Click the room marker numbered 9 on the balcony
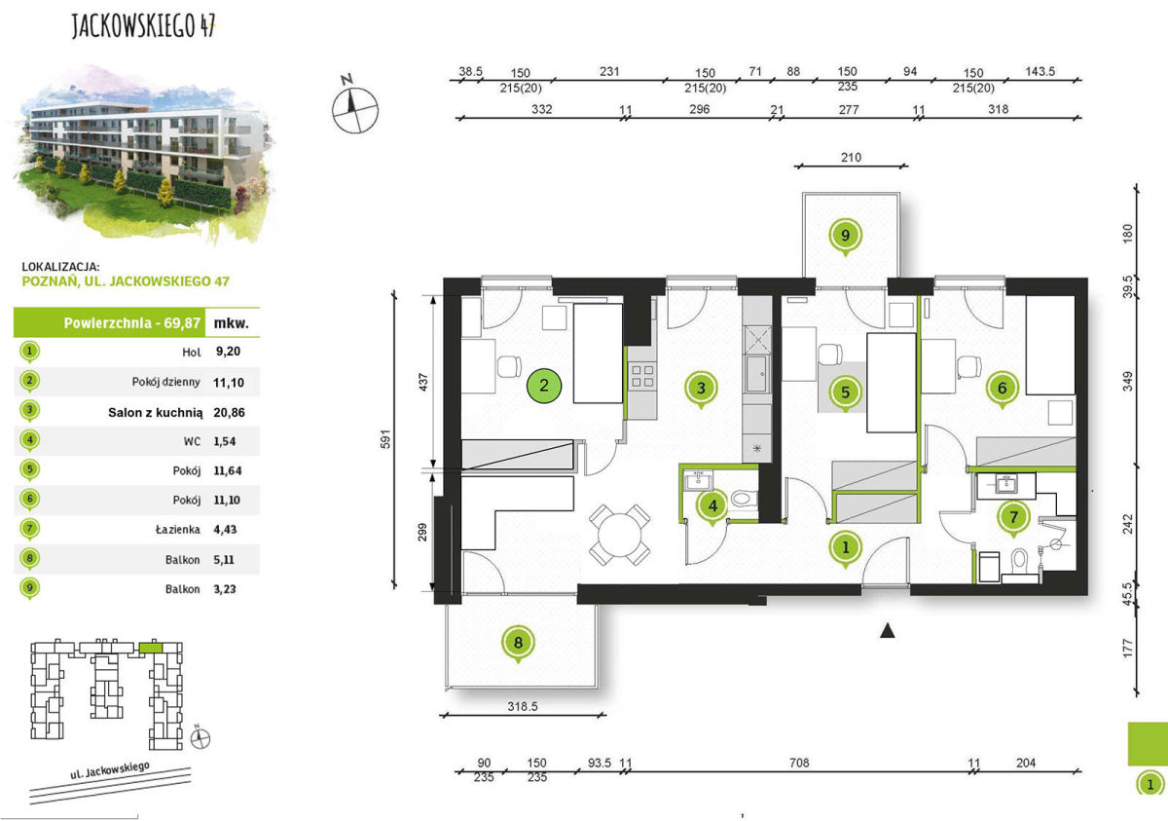845,236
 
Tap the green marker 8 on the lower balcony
518,643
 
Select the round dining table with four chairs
619,536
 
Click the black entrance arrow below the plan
888,631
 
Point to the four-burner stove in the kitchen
642,376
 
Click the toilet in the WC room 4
744,499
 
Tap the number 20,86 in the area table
229,413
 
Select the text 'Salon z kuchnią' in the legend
156,413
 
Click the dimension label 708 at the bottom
799,764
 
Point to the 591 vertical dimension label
385,439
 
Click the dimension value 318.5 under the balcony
523,706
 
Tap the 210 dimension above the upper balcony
851,157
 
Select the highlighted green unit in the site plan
151,648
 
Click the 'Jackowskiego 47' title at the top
143,25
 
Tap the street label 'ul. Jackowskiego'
110,770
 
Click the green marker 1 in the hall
845,547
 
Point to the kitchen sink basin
756,373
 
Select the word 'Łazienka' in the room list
178,530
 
